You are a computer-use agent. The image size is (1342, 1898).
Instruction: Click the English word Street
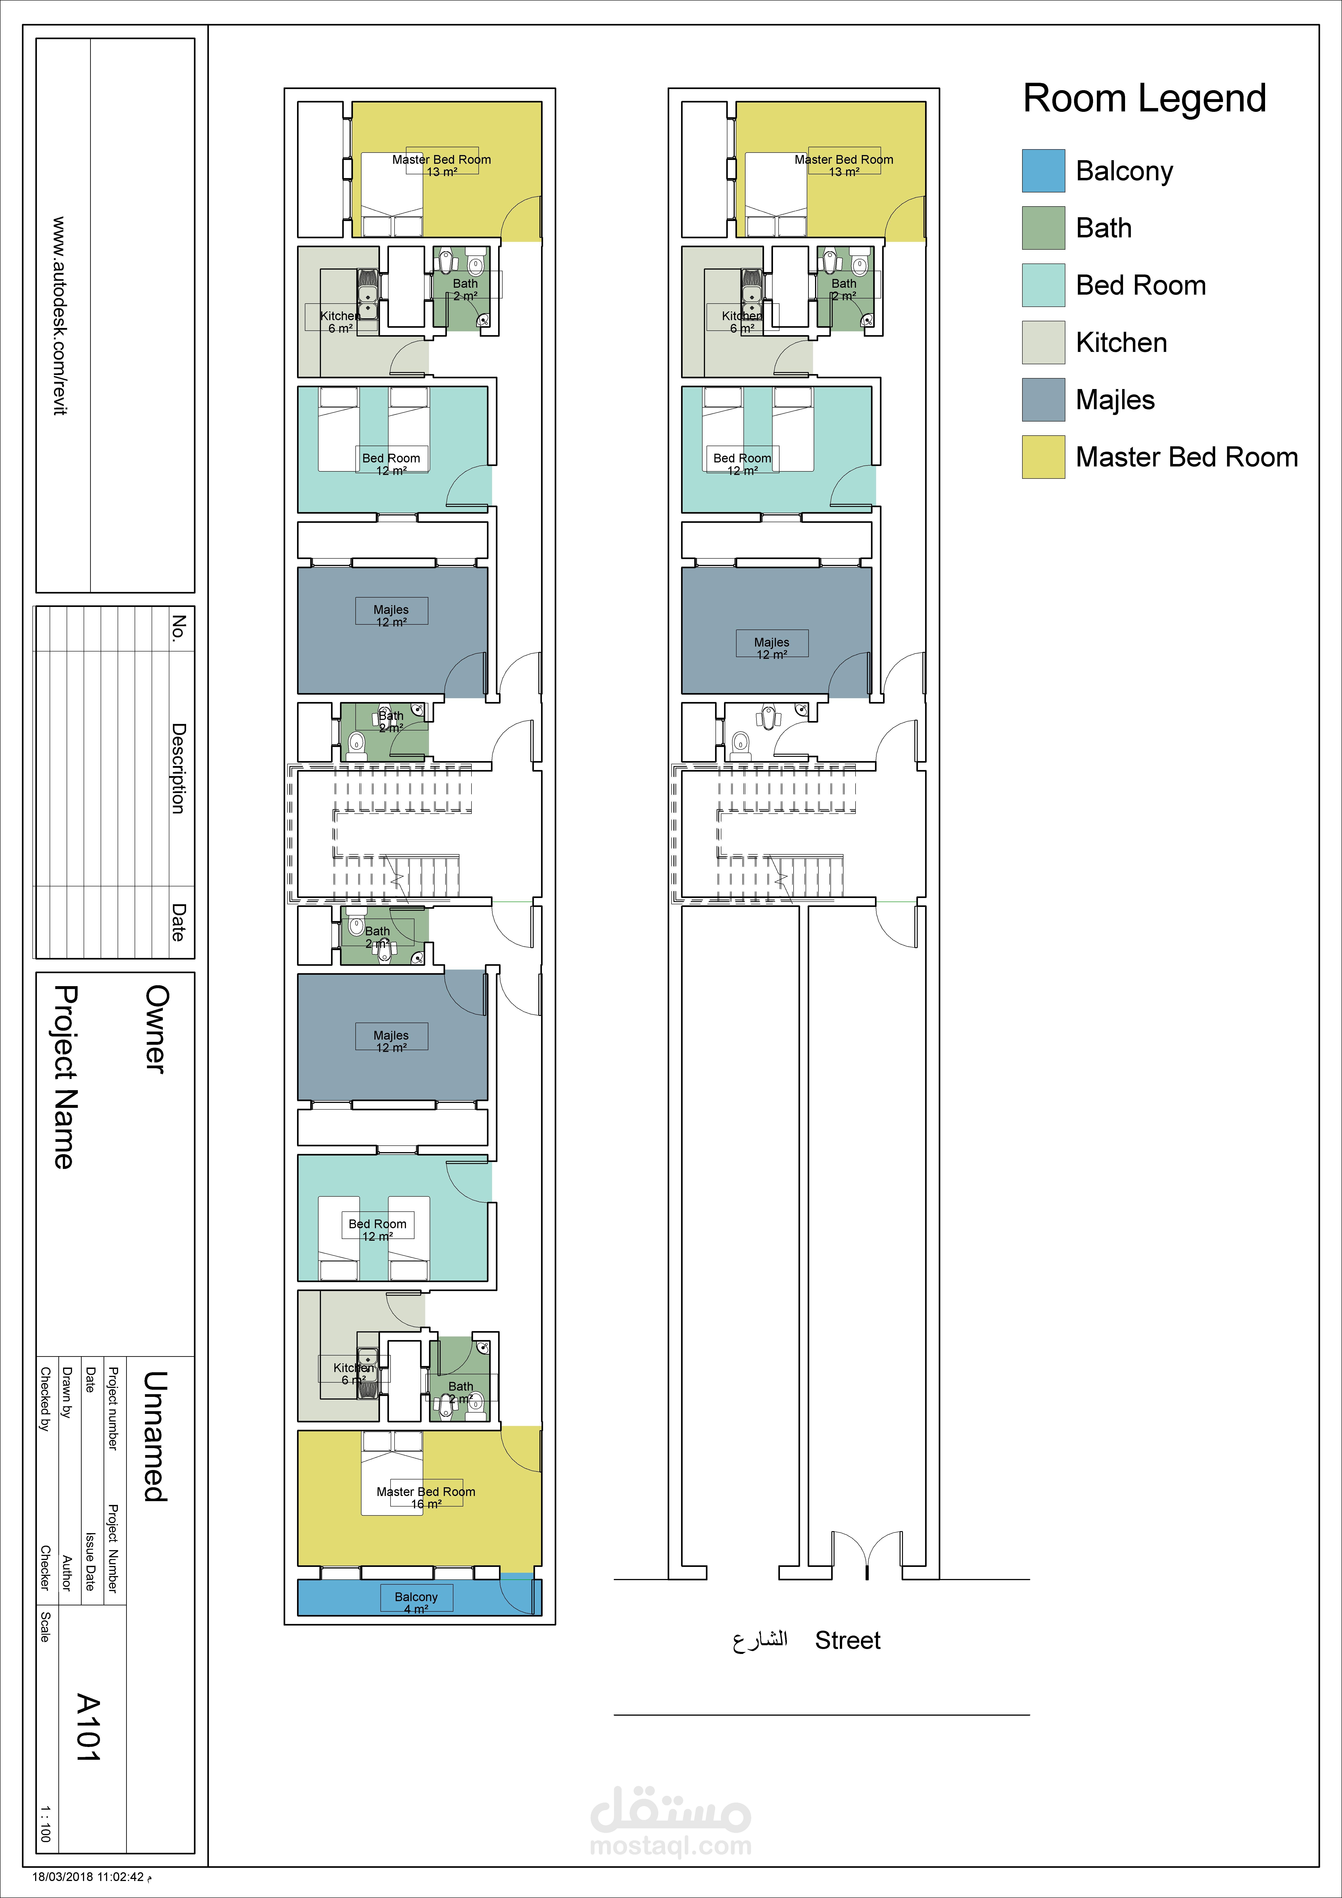click(x=848, y=1640)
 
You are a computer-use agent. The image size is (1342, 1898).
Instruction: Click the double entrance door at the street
click(x=867, y=1554)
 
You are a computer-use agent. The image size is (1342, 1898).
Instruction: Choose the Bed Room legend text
click(x=1140, y=285)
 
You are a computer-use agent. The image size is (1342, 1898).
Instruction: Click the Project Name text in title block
click(x=64, y=1076)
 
